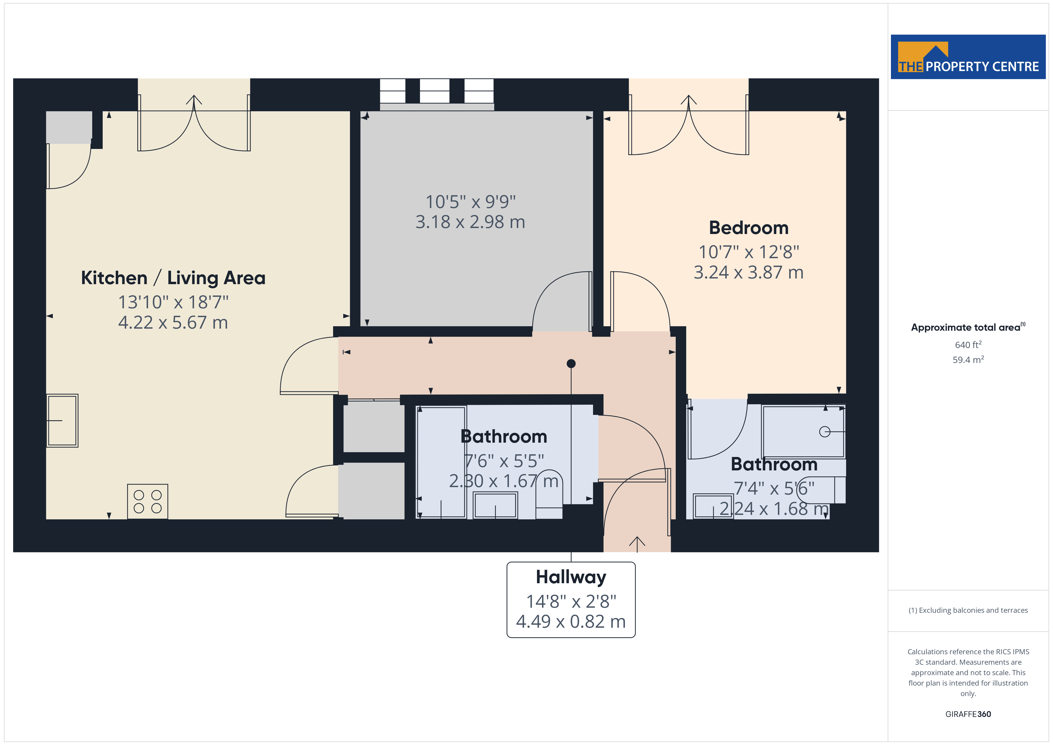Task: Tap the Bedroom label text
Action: pos(749,228)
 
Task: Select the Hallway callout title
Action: pos(571,577)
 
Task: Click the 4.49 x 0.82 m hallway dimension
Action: pos(571,622)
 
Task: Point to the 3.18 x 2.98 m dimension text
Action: pos(470,222)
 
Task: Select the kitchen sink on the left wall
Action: pos(62,420)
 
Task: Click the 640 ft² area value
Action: pos(968,344)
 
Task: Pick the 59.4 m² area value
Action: pos(968,360)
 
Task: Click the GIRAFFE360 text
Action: pos(968,714)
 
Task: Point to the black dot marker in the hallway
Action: pos(571,364)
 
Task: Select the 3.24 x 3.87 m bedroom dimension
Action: pos(749,273)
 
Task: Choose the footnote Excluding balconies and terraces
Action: pos(968,610)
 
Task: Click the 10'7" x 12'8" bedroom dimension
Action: pos(749,252)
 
